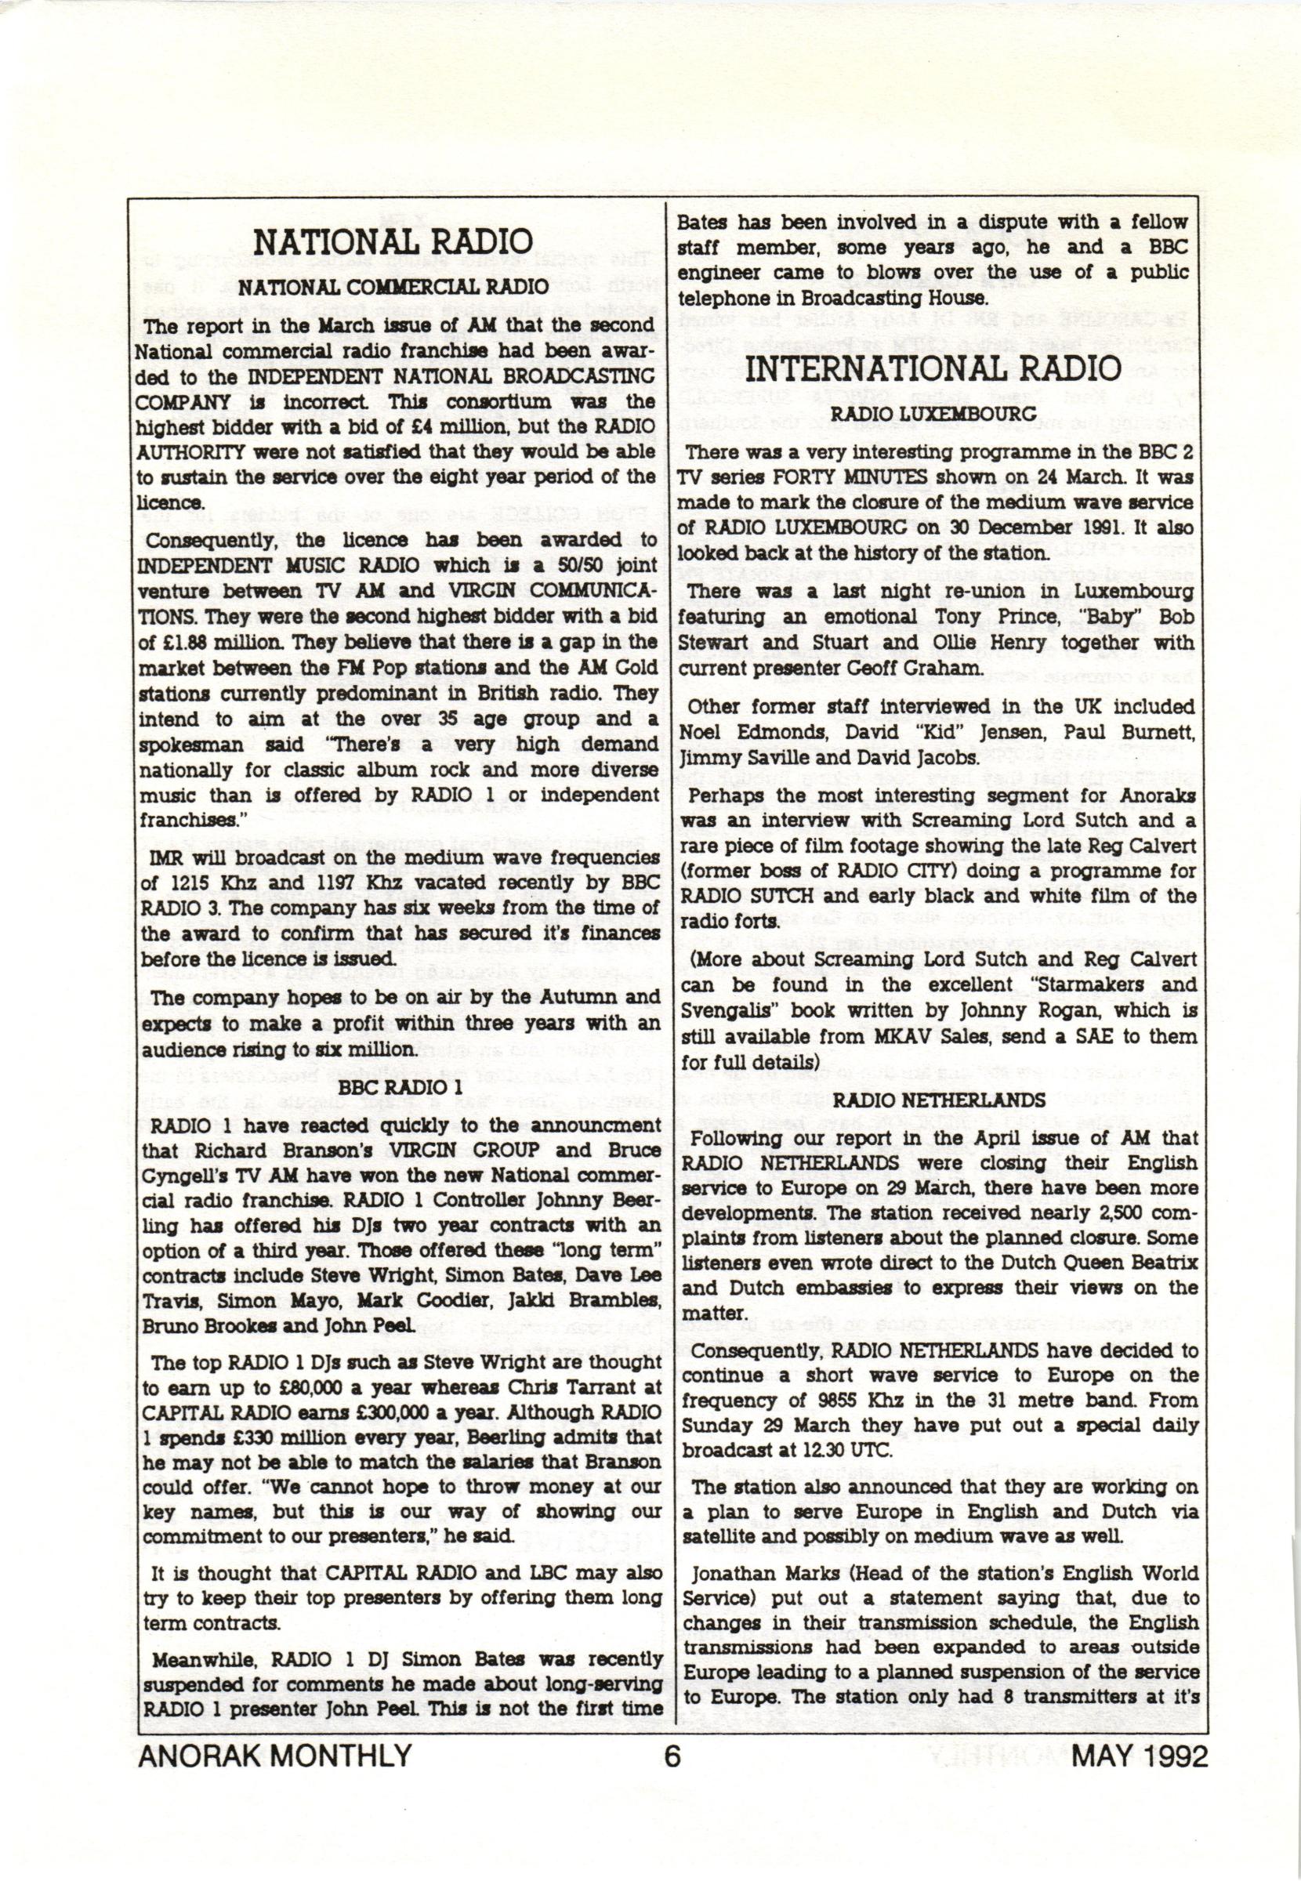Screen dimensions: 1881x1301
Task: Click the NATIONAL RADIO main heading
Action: point(393,242)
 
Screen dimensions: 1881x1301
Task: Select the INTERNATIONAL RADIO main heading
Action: point(934,368)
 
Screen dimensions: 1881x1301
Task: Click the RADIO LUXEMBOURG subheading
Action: point(933,413)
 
